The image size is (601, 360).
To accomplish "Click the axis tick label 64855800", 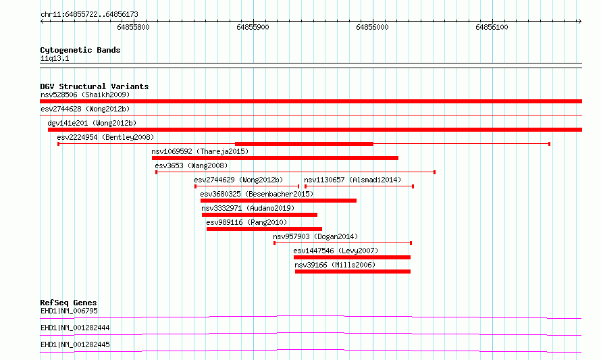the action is [134, 27].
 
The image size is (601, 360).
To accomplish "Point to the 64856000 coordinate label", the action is [372, 27].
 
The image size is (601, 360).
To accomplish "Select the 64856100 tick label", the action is [492, 27].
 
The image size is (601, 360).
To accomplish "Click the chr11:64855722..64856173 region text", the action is [89, 15].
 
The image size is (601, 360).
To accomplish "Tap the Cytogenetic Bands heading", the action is [80, 50].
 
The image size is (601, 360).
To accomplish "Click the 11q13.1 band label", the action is [55, 58].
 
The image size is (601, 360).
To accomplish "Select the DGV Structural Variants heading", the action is [95, 86].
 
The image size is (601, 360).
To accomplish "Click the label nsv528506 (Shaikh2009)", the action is [85, 95].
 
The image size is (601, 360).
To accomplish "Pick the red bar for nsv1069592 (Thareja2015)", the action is [276, 158].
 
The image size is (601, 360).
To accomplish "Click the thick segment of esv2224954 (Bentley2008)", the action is [305, 144].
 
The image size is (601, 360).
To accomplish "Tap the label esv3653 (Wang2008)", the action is [191, 165].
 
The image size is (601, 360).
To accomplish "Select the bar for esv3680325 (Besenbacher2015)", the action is [279, 201].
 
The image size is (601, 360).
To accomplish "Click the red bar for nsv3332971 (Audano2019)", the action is [259, 215].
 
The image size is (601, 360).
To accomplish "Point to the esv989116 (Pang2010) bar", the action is [264, 229].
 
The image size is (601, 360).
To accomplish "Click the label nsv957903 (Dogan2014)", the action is [315, 236].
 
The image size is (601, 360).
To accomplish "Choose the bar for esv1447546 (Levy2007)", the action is [352, 257].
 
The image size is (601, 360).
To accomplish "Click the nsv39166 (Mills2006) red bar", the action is [352, 272].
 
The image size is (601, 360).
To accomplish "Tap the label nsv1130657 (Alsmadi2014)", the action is [352, 180].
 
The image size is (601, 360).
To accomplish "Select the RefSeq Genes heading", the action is [69, 303].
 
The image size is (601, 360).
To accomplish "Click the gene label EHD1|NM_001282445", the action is [75, 344].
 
